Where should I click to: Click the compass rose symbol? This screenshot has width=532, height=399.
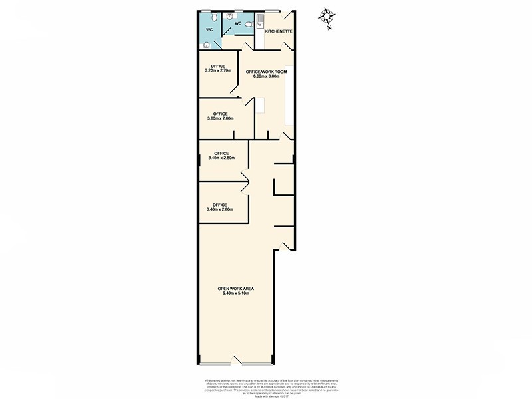point(326,15)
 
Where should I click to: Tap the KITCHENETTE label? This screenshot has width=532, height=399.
point(279,31)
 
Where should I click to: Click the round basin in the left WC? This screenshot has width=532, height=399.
point(207,45)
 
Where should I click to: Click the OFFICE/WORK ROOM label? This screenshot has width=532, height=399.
point(267,71)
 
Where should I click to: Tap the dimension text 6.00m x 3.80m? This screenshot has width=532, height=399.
point(267,76)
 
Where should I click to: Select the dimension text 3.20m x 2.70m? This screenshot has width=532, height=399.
point(217,70)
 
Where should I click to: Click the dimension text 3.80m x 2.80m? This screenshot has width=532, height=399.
point(217,119)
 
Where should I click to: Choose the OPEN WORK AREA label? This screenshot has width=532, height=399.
point(236,288)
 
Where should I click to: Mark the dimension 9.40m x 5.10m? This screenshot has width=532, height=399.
point(236,293)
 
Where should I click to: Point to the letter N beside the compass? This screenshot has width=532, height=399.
point(329,29)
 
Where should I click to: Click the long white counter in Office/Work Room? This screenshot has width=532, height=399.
point(289,96)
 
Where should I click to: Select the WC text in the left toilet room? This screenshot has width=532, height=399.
point(209,30)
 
